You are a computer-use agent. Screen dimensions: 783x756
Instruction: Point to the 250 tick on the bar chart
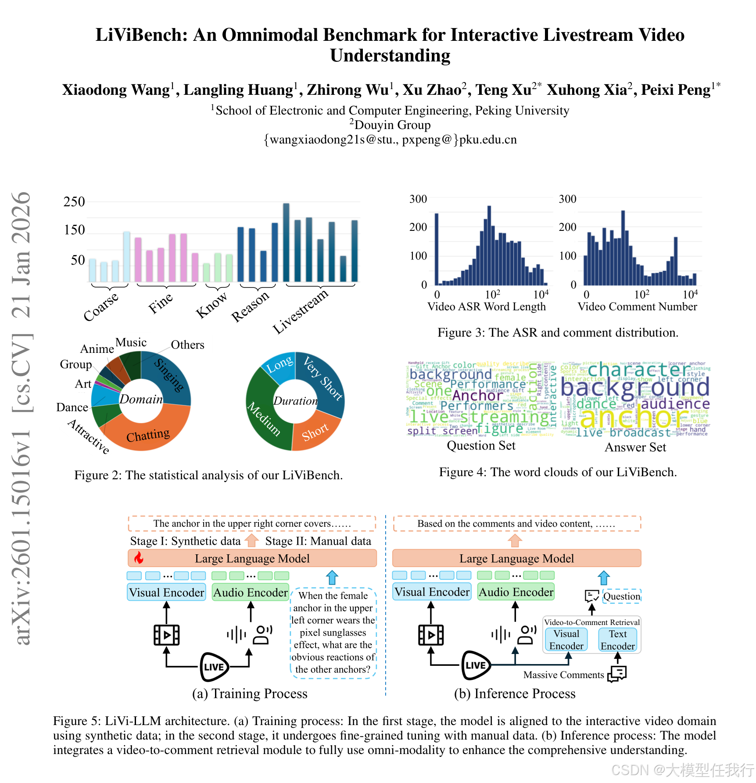[74, 202]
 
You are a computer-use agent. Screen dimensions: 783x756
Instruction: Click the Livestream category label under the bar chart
[301, 311]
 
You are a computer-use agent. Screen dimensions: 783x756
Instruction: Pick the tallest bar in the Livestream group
[286, 242]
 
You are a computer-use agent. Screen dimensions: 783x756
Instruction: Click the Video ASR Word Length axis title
[487, 307]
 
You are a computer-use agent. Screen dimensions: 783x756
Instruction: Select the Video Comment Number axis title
[637, 307]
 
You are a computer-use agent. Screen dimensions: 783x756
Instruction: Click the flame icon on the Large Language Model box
[139, 558]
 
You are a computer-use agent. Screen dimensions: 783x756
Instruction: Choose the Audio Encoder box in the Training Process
[250, 593]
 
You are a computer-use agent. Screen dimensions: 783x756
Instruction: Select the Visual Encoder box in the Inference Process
[432, 592]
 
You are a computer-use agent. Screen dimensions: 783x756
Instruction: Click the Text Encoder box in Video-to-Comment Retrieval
[617, 640]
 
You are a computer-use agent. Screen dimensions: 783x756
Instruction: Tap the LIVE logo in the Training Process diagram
[214, 667]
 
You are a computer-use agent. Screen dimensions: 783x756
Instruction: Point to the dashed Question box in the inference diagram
[621, 596]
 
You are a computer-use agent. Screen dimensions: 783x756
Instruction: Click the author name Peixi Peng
[676, 90]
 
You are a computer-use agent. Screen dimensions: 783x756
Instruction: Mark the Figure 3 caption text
[558, 333]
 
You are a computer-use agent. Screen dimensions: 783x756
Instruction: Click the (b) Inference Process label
[515, 693]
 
